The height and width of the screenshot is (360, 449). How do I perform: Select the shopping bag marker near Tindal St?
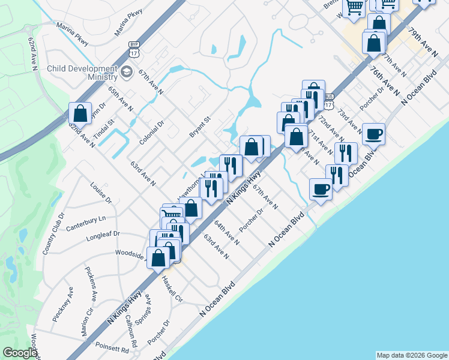pos(80,113)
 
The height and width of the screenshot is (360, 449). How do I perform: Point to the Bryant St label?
pos(199,127)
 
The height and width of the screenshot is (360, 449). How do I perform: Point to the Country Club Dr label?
pos(53,233)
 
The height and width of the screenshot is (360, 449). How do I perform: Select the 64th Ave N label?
pos(228,233)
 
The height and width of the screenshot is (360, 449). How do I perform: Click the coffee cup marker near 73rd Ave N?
pos(374,134)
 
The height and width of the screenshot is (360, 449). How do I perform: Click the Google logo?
pos(20,353)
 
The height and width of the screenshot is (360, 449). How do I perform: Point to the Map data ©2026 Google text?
pos(411,355)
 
